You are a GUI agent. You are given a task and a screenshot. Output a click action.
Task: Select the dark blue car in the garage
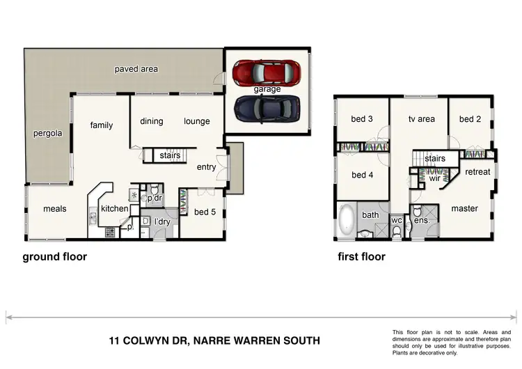click(268, 109)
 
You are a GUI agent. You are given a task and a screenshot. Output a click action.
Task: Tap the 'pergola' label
click(47, 133)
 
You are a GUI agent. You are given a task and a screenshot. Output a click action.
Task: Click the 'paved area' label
click(136, 69)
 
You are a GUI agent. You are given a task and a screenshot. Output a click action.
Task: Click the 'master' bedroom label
click(464, 208)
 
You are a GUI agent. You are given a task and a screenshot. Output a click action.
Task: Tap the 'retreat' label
click(477, 172)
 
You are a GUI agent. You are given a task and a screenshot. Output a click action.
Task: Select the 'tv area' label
click(421, 119)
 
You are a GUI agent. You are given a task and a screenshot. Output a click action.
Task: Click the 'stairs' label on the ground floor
click(171, 155)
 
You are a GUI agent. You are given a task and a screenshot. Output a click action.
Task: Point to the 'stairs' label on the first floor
click(435, 159)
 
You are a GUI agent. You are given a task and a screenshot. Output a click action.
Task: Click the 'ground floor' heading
click(55, 257)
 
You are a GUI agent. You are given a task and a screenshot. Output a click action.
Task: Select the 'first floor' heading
click(361, 257)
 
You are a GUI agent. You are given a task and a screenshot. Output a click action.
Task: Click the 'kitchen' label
click(114, 208)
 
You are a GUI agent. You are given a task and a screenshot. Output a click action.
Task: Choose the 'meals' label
click(55, 209)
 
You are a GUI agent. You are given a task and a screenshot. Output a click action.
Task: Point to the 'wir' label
click(435, 178)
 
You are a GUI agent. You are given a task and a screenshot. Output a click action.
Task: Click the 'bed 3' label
click(362, 119)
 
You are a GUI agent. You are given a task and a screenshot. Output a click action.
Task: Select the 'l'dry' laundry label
click(162, 222)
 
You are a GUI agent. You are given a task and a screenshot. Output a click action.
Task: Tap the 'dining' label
click(152, 121)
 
